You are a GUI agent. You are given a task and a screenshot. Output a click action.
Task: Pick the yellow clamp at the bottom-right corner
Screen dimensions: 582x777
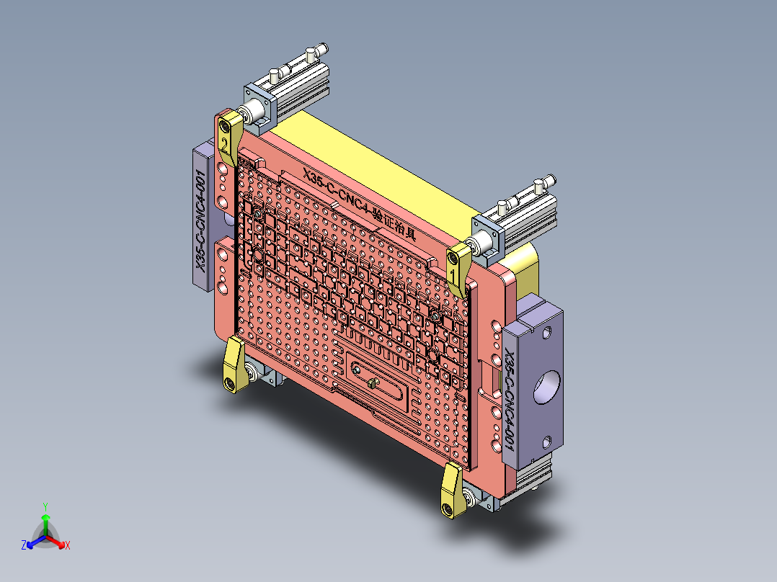tap(452, 490)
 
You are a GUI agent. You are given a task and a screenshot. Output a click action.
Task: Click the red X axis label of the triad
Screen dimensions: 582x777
tap(67, 546)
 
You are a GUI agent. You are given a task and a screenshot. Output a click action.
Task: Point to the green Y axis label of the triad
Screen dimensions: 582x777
tap(45, 506)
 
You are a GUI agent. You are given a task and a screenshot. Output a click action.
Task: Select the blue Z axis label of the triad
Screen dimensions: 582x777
tap(24, 546)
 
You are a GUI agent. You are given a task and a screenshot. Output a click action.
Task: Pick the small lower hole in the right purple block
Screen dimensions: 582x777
tap(547, 441)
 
